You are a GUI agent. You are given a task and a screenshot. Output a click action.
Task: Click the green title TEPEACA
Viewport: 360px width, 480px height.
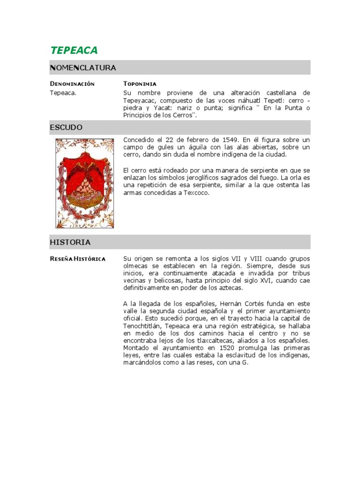point(74,51)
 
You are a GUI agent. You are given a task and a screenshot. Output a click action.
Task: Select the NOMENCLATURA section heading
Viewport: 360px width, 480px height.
point(83,68)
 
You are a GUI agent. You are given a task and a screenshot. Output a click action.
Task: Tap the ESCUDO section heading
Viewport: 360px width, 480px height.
point(66,127)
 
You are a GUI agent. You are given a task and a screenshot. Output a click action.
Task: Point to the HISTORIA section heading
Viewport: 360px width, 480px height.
point(70,242)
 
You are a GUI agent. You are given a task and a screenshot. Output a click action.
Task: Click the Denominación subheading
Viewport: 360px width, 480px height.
point(72,84)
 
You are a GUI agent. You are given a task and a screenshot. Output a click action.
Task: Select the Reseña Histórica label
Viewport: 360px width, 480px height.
point(77,259)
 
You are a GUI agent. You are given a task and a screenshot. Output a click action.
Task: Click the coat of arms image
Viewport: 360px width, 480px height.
point(84,183)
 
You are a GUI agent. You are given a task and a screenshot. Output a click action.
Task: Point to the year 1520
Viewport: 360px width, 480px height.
point(231,348)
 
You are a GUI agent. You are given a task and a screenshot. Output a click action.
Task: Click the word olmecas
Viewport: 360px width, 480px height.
point(135,266)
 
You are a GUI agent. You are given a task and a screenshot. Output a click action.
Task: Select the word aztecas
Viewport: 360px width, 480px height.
point(228,288)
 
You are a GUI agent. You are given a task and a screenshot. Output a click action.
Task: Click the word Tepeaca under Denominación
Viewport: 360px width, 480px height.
point(63,93)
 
